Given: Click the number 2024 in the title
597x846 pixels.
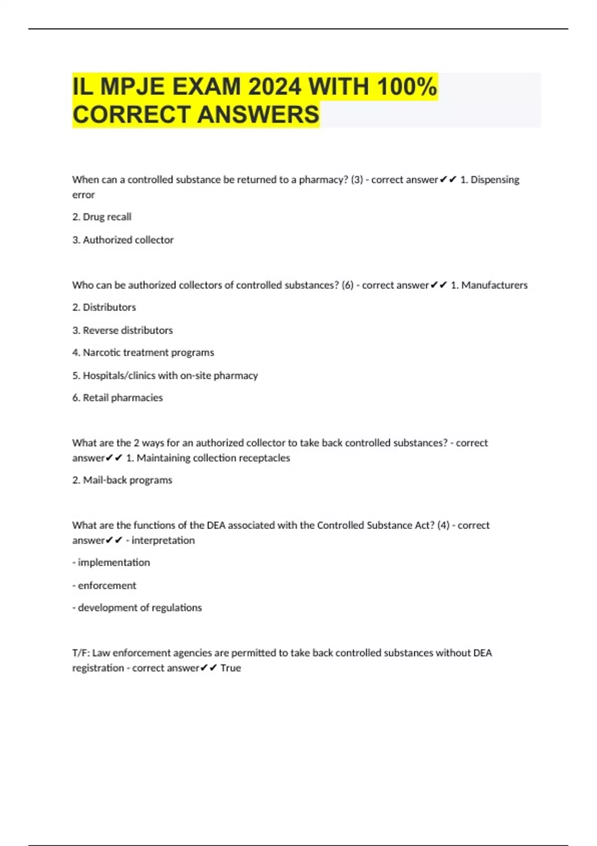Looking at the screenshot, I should (x=274, y=87).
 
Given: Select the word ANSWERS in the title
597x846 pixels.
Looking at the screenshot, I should (x=258, y=114).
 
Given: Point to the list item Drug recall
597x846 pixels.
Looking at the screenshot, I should (x=102, y=217).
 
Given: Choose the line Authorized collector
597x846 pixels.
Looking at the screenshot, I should (x=123, y=240).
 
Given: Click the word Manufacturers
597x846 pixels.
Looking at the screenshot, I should (x=494, y=285).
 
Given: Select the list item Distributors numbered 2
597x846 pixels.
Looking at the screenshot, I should (x=104, y=308).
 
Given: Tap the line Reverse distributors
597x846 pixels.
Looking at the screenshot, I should (x=122, y=330).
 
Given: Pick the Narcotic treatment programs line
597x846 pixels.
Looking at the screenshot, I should (x=143, y=352).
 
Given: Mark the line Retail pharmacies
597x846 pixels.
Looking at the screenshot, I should (x=117, y=398).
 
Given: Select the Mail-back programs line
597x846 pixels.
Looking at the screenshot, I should (x=122, y=480).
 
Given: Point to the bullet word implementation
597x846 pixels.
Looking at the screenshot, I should (x=113, y=562).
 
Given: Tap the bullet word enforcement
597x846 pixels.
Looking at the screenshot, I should (x=106, y=586).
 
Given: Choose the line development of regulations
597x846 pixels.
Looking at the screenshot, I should (x=137, y=608).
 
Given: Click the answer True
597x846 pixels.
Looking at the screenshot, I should (x=230, y=668).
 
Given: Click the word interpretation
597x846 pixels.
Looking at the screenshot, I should (x=163, y=540).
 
